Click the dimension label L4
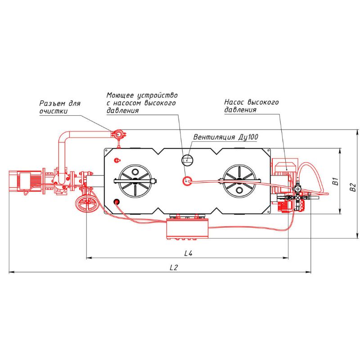point(188,253)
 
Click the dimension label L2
point(174,267)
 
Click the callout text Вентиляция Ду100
point(226,137)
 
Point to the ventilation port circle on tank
point(188,159)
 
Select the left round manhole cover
point(135,181)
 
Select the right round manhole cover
point(239,181)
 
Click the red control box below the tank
point(188,229)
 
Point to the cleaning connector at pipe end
point(118,134)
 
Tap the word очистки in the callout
point(54,111)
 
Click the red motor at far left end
point(25,181)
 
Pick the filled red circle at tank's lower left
point(117,202)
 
